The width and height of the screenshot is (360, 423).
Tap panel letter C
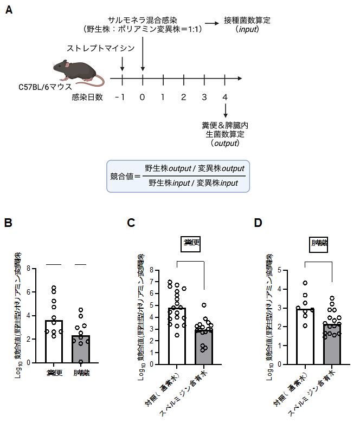click(x=131, y=223)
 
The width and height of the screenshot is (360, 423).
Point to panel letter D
click(x=258, y=223)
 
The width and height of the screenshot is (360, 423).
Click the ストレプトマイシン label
click(x=100, y=49)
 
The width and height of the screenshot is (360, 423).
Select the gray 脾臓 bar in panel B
click(x=81, y=349)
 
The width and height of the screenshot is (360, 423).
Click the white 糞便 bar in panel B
click(x=54, y=341)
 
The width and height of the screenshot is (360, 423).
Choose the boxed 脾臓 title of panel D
click(x=318, y=243)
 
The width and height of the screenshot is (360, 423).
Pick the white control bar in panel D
click(x=305, y=336)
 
